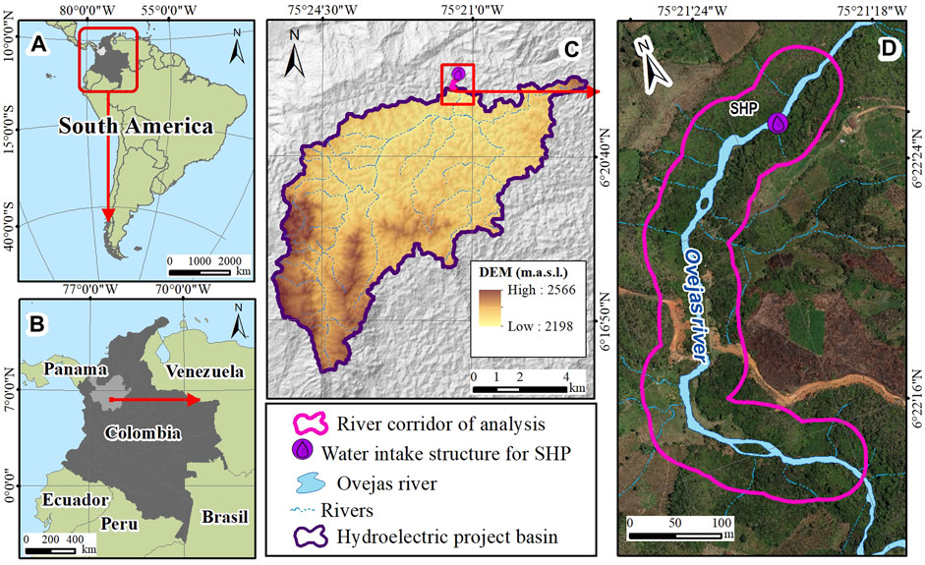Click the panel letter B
pyautogui.click(x=40, y=323)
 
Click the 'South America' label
pyautogui.click(x=136, y=127)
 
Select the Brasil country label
pyautogui.click(x=225, y=517)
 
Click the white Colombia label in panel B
pyautogui.click(x=143, y=432)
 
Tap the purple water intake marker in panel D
pyautogui.click(x=778, y=123)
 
